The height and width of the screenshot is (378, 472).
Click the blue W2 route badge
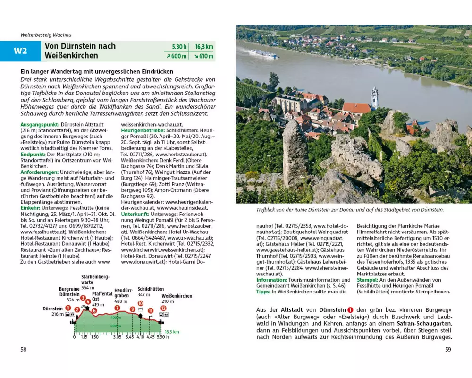(x=20, y=51)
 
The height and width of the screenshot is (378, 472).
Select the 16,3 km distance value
(x=203, y=47)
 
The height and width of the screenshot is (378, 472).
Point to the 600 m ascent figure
(x=177, y=56)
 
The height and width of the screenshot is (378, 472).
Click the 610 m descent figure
(x=203, y=56)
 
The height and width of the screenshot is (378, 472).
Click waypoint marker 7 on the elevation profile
(x=117, y=308)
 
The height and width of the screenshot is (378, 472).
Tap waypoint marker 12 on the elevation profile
(x=163, y=308)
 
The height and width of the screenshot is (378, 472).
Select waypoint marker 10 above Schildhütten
(x=140, y=303)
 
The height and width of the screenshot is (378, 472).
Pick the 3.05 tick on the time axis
(x=117, y=337)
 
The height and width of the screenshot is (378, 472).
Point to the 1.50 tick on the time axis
(x=95, y=337)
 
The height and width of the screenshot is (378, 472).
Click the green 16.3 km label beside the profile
(x=172, y=332)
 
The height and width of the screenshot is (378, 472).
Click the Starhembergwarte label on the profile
(x=95, y=279)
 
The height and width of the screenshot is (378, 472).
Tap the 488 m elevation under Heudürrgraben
(x=121, y=301)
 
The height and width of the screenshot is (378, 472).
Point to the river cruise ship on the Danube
(x=264, y=54)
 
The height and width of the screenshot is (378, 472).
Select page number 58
(x=23, y=350)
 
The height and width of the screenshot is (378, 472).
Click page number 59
(x=448, y=350)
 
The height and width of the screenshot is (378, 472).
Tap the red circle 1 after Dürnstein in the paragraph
(x=350, y=309)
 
